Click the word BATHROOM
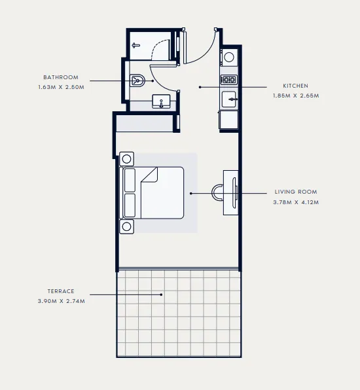(61, 77)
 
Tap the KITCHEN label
(295, 86)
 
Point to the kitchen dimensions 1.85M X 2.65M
(295, 96)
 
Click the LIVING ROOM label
(295, 192)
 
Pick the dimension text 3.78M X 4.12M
(295, 202)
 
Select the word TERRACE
(61, 291)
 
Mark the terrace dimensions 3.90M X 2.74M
(61, 301)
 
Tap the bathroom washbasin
(162, 101)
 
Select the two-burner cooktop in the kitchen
(229, 80)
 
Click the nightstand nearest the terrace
(127, 226)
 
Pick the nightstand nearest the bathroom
(127, 159)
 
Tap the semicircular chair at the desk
(217, 191)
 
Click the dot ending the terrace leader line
(162, 294)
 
